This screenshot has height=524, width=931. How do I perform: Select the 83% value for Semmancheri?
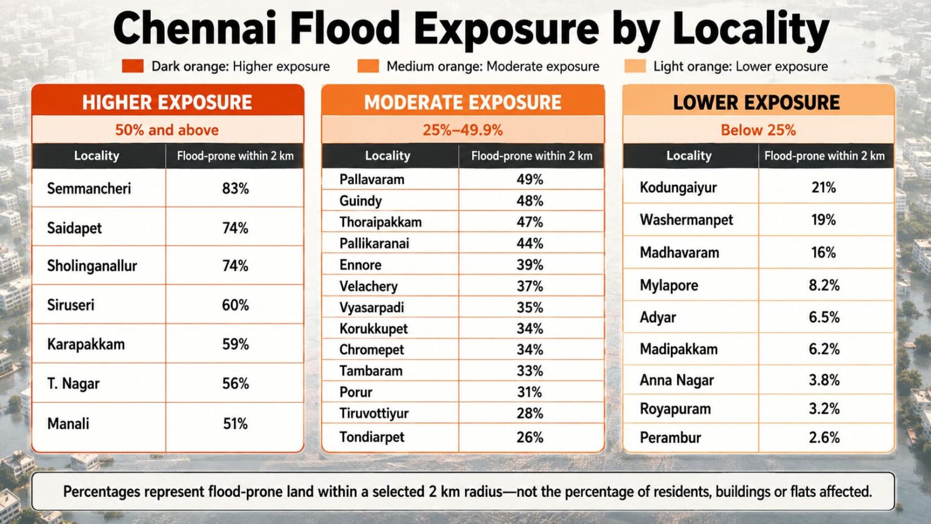click(235, 189)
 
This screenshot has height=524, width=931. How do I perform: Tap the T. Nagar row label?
click(73, 384)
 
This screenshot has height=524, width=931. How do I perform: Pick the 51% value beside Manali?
click(235, 424)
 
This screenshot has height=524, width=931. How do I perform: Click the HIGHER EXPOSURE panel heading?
click(167, 102)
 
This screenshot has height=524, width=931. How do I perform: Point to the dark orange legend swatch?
click(133, 66)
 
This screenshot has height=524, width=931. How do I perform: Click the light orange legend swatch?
click(635, 66)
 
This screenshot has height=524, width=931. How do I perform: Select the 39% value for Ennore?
click(530, 265)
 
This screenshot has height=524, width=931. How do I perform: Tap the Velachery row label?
click(369, 286)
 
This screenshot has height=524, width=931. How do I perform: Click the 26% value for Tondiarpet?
click(530, 437)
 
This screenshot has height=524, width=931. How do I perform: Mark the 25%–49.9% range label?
click(462, 130)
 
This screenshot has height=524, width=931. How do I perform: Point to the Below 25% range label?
click(758, 130)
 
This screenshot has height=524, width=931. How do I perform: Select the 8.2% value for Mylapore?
click(824, 285)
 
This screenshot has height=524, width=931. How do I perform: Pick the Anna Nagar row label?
click(676, 380)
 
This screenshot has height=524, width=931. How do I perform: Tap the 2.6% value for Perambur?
click(824, 437)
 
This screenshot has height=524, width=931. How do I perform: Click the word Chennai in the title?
click(195, 29)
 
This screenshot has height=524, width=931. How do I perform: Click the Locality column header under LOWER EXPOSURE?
click(689, 155)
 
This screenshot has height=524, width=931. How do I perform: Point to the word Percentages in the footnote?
click(102, 492)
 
